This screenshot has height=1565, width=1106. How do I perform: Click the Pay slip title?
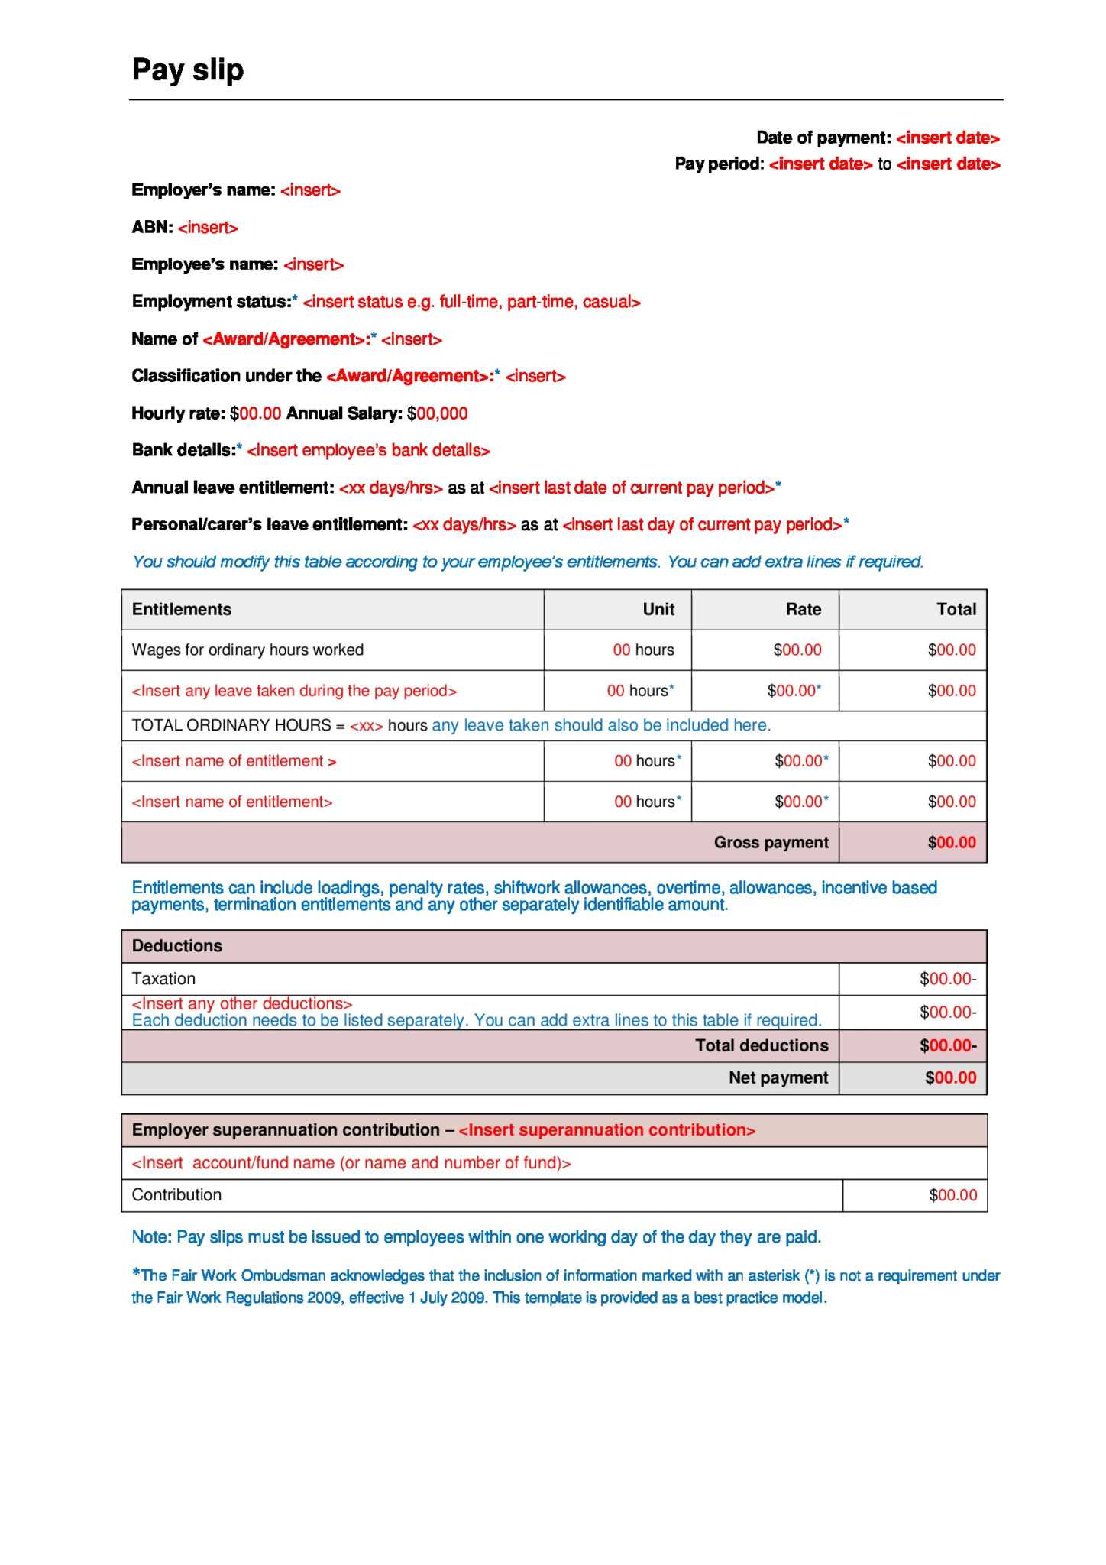(188, 70)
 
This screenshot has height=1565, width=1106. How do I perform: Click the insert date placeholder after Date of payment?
(947, 138)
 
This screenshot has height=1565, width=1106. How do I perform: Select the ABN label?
(152, 228)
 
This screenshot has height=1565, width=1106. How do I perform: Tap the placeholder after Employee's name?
(313, 264)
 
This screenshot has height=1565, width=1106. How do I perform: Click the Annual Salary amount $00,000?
(437, 413)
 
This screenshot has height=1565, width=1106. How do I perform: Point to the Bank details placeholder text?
(368, 450)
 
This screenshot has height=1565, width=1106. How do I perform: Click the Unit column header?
(658, 609)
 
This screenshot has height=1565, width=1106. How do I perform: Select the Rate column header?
(803, 609)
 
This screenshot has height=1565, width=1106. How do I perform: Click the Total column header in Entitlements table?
(956, 609)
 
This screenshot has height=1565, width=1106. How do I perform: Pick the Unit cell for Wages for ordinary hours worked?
(643, 650)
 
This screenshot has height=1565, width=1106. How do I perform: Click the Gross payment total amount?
(951, 843)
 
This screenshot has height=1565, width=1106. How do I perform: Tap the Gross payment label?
(771, 843)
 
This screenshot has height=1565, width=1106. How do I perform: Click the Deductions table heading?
(177, 946)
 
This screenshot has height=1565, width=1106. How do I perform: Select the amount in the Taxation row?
(947, 979)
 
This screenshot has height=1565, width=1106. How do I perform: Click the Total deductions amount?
(947, 1045)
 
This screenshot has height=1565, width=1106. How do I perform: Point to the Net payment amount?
(950, 1078)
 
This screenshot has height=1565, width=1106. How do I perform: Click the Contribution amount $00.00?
(952, 1195)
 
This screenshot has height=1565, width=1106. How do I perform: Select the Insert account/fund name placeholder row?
(351, 1163)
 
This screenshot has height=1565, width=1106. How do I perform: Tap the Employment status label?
(211, 302)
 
